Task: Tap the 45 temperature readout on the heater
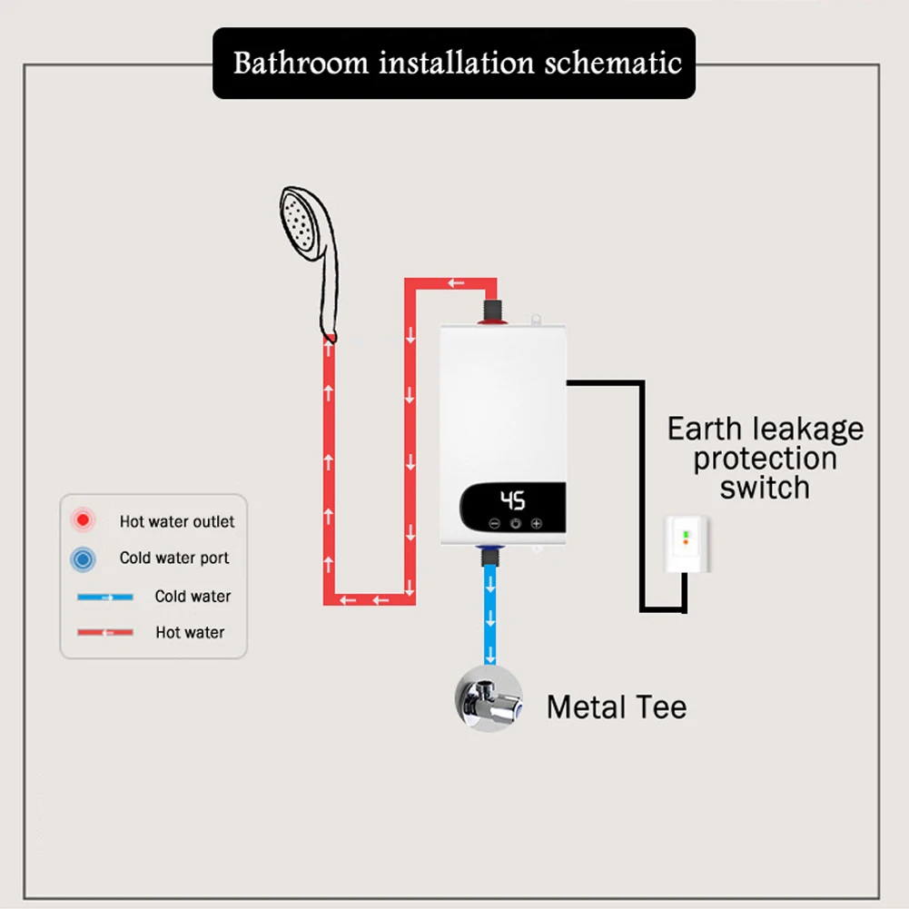(x=513, y=500)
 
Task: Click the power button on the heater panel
(x=516, y=524)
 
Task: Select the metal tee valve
(x=489, y=699)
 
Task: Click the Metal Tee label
(x=616, y=706)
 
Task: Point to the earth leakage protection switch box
(x=687, y=545)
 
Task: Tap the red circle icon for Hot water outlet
(x=84, y=521)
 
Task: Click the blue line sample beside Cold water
(x=105, y=597)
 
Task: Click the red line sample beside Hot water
(x=105, y=632)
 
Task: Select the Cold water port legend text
(x=174, y=558)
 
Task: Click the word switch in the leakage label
(x=764, y=488)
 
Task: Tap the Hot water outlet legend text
(x=176, y=521)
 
